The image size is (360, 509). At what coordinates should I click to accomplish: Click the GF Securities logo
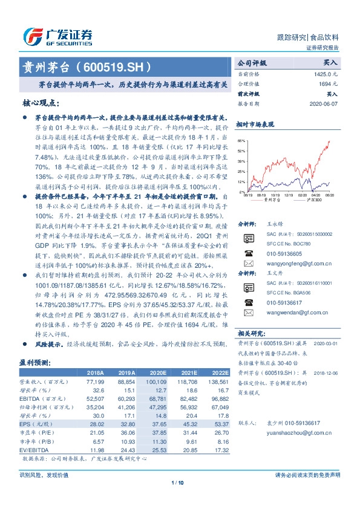point(57,36)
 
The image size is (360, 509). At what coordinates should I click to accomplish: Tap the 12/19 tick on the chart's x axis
point(287,195)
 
